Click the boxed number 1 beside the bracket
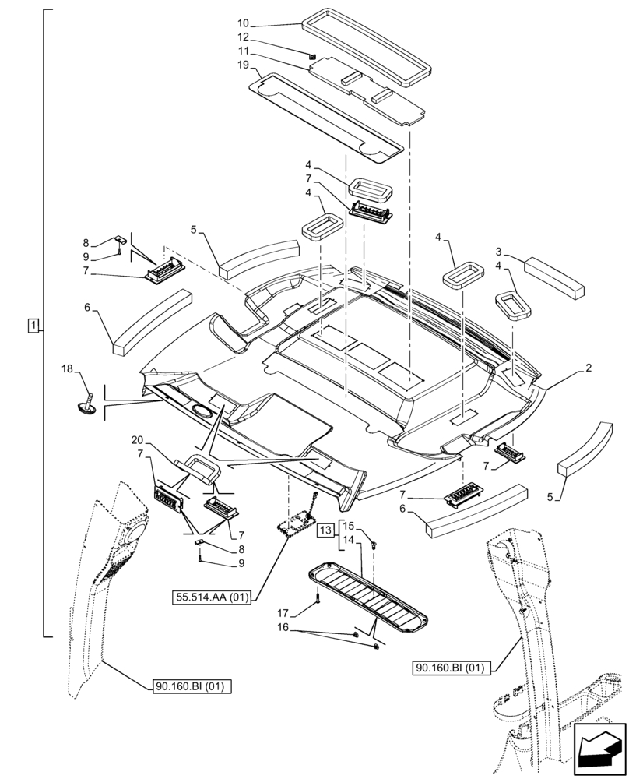tap(33, 324)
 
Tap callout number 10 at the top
tap(244, 23)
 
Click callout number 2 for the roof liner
tap(589, 367)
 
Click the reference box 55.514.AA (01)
tap(213, 598)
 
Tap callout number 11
tap(244, 51)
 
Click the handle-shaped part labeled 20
tap(202, 469)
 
